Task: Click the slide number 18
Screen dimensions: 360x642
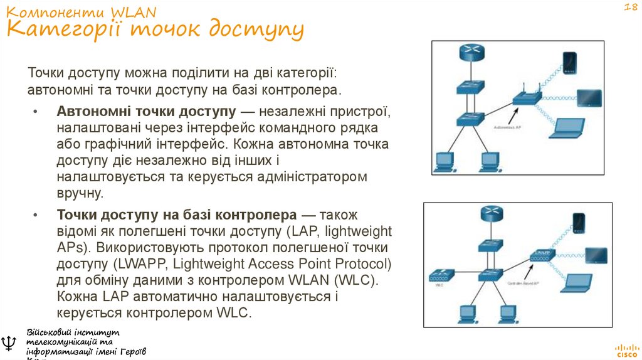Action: pos(629,8)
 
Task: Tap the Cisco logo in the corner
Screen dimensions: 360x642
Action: pos(626,349)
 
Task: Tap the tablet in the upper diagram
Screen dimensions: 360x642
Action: pos(588,97)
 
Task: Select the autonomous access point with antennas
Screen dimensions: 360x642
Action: pos(525,98)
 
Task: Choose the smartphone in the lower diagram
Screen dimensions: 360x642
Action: pos(578,223)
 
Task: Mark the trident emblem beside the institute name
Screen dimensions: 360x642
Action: pos(9,343)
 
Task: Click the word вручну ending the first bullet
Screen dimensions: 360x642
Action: pos(78,193)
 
